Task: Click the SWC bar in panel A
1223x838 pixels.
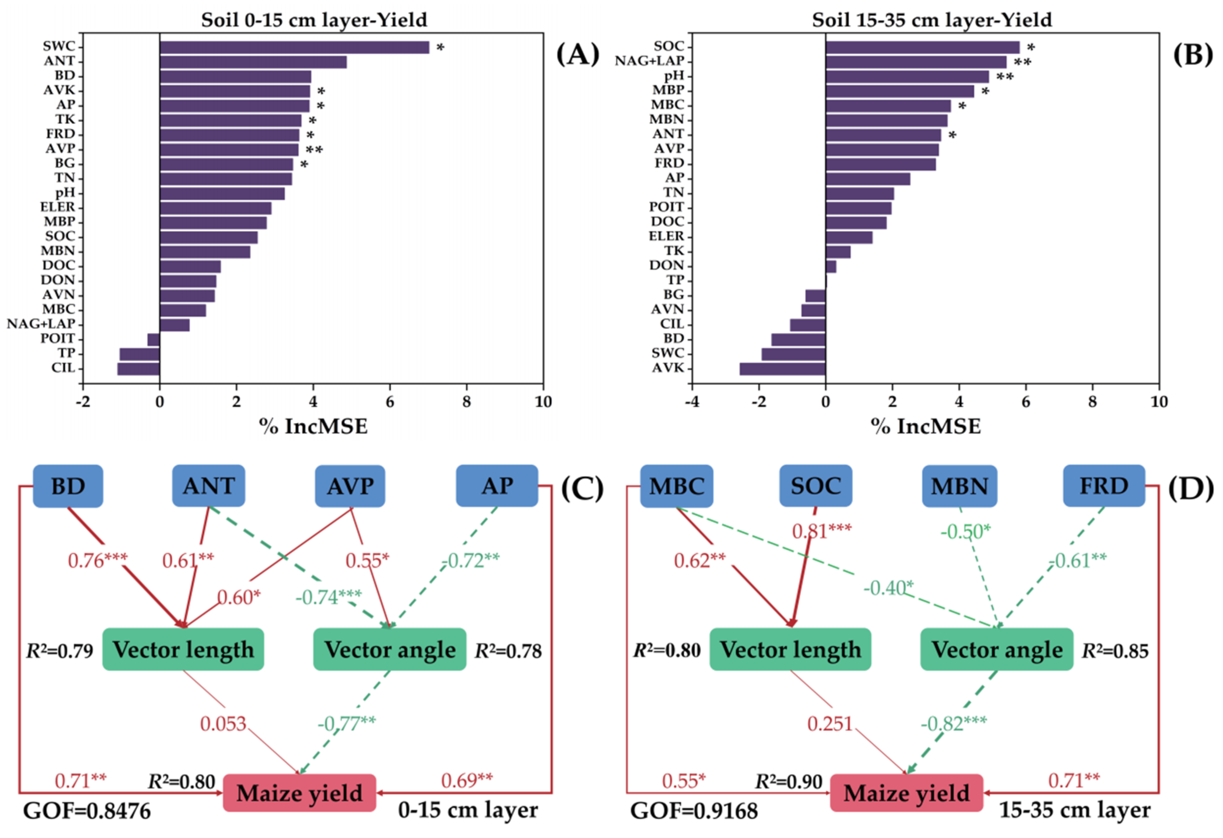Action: click(294, 47)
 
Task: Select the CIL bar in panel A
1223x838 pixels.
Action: click(138, 368)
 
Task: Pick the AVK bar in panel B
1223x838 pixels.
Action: click(782, 368)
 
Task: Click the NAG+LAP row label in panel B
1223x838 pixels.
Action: click(649, 61)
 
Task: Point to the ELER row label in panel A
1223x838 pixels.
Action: click(58, 207)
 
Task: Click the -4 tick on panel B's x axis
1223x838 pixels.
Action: click(692, 402)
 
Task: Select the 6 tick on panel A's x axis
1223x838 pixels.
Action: click(390, 402)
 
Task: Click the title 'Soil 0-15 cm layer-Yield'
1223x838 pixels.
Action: click(314, 20)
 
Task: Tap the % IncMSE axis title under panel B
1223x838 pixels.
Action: click(926, 426)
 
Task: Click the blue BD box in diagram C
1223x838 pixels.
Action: click(68, 486)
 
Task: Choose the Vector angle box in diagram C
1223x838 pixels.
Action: click(390, 649)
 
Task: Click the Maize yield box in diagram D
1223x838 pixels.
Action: click(906, 793)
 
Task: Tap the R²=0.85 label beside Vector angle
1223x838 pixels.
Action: click(1115, 651)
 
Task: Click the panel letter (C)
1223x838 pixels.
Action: click(582, 488)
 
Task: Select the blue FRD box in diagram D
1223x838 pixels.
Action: click(1104, 486)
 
